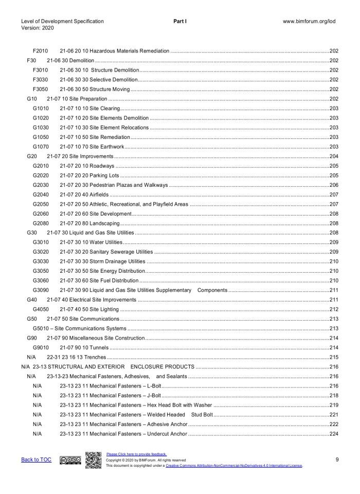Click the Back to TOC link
click(36, 460)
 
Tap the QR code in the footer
click(93, 460)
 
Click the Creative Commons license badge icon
click(70, 460)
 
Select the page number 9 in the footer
click(336, 460)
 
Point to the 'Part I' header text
click(180, 21)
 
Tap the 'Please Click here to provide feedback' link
click(136, 454)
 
